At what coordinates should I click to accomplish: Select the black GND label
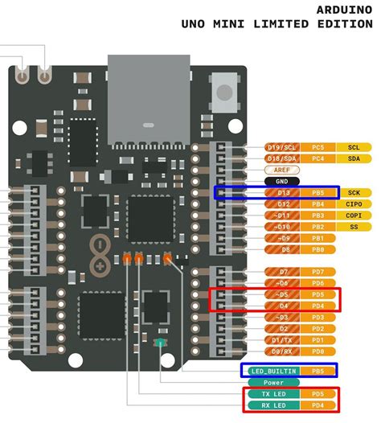281,182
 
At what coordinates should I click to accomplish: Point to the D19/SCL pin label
281,148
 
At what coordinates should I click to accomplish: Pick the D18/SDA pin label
281,159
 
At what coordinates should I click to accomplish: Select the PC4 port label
318,159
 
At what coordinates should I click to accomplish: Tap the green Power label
273,383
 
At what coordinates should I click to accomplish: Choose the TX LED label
273,394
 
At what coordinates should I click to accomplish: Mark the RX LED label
273,405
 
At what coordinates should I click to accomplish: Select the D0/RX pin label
281,351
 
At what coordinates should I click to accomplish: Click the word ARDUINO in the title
348,10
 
